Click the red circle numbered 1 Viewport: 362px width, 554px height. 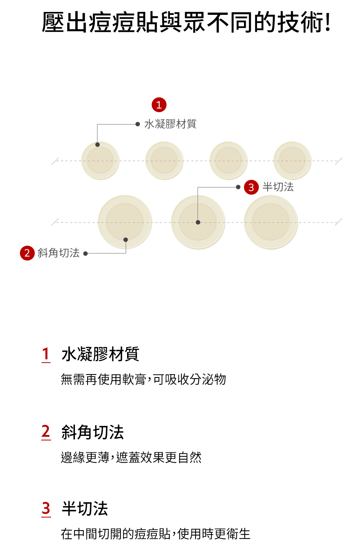159,105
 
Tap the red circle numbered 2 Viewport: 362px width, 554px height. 27,253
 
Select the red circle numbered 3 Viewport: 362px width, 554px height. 251,187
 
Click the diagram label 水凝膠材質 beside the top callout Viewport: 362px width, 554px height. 170,124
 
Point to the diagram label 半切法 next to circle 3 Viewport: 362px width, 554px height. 278,187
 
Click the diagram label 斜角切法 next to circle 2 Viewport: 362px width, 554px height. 59,253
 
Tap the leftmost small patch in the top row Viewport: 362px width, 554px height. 100,161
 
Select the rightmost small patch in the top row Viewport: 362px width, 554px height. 292,161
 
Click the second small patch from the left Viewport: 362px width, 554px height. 164,161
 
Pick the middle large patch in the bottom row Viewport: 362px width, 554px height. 198,222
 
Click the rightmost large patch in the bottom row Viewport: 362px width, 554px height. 271,222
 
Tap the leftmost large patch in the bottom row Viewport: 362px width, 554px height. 125,222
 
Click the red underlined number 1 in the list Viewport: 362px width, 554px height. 46,354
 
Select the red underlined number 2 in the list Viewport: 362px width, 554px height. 46,432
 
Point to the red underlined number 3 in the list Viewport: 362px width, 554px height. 46,508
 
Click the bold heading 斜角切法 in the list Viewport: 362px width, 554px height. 93,432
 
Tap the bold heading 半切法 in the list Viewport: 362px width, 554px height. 85,509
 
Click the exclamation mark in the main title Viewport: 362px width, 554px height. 328,22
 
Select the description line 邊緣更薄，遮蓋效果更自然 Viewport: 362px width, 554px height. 131,458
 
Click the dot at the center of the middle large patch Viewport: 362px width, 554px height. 198,222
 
